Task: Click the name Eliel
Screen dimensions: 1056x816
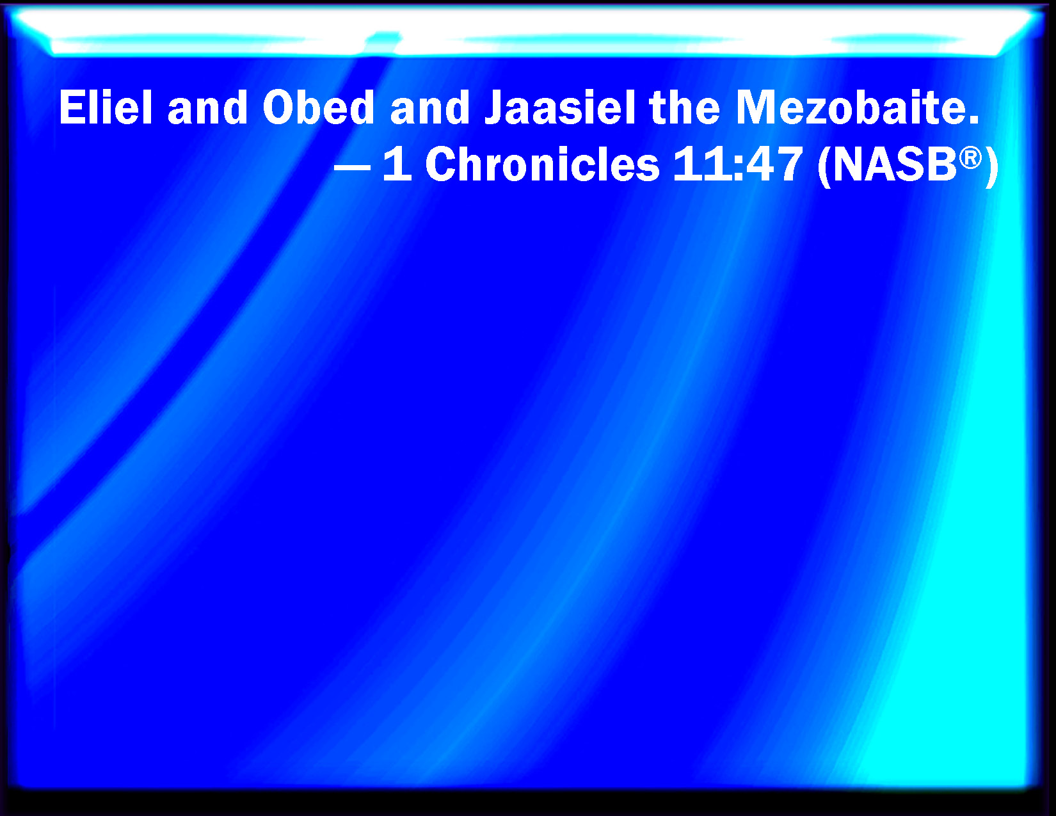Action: click(x=106, y=108)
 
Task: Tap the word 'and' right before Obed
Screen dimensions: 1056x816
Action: click(x=207, y=108)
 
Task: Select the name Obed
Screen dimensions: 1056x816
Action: click(x=318, y=108)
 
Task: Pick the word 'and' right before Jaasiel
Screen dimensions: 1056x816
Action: click(x=429, y=108)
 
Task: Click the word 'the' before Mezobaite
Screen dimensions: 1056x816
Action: click(x=684, y=108)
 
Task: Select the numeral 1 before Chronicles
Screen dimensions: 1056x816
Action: click(x=398, y=164)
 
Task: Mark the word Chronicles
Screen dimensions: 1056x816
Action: click(x=542, y=164)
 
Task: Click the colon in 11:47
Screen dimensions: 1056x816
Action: click(x=739, y=169)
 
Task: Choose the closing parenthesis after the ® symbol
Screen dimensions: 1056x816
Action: click(x=991, y=166)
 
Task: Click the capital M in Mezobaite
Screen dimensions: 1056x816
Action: click(x=756, y=108)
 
